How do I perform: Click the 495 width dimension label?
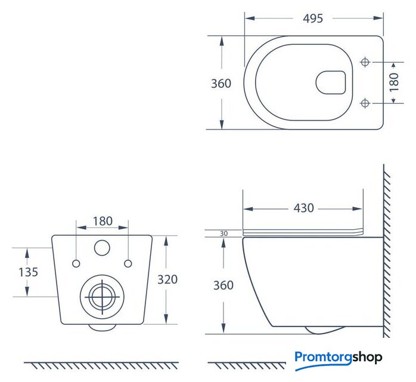click(313, 19)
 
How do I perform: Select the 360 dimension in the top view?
click(221, 84)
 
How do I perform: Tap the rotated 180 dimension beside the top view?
click(394, 82)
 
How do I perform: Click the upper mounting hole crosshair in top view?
click(365, 62)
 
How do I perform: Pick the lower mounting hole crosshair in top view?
click(365, 103)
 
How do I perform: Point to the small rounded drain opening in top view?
click(331, 82)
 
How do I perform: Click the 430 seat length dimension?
click(304, 208)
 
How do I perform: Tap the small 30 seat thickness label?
click(223, 233)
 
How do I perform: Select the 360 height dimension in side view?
click(223, 285)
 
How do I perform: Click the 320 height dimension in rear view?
click(167, 279)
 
